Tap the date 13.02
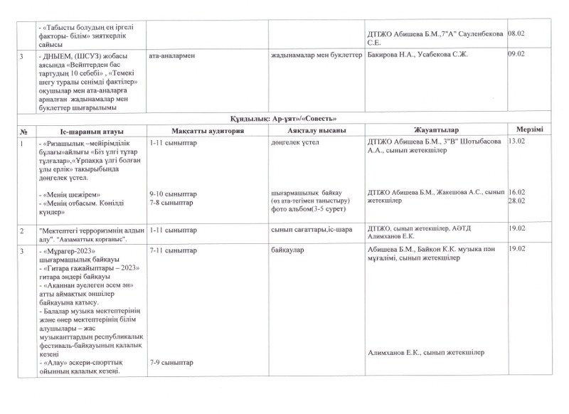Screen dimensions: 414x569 point(516,142)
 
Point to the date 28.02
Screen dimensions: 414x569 point(516,201)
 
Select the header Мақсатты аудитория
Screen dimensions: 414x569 point(208,130)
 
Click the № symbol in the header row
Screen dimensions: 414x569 point(24,130)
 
